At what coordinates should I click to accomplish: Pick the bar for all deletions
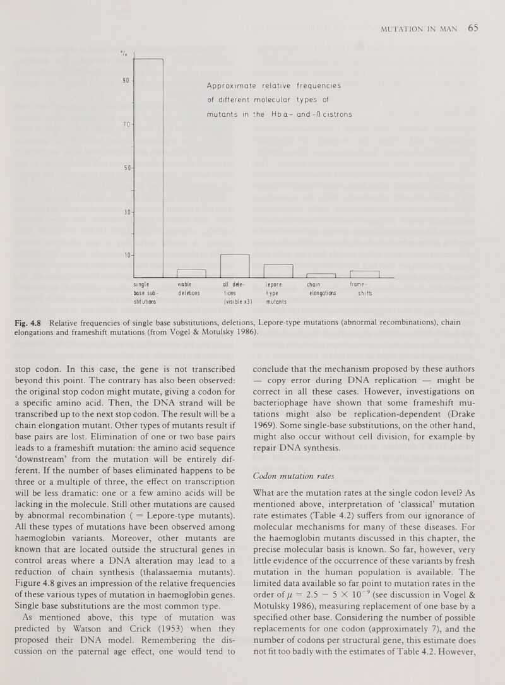click(235, 265)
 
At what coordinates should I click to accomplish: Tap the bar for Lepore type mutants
click(278, 270)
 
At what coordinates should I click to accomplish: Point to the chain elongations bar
click(321, 275)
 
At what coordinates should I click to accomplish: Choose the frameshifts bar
click(364, 273)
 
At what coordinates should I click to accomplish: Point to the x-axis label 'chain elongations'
click(322, 288)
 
